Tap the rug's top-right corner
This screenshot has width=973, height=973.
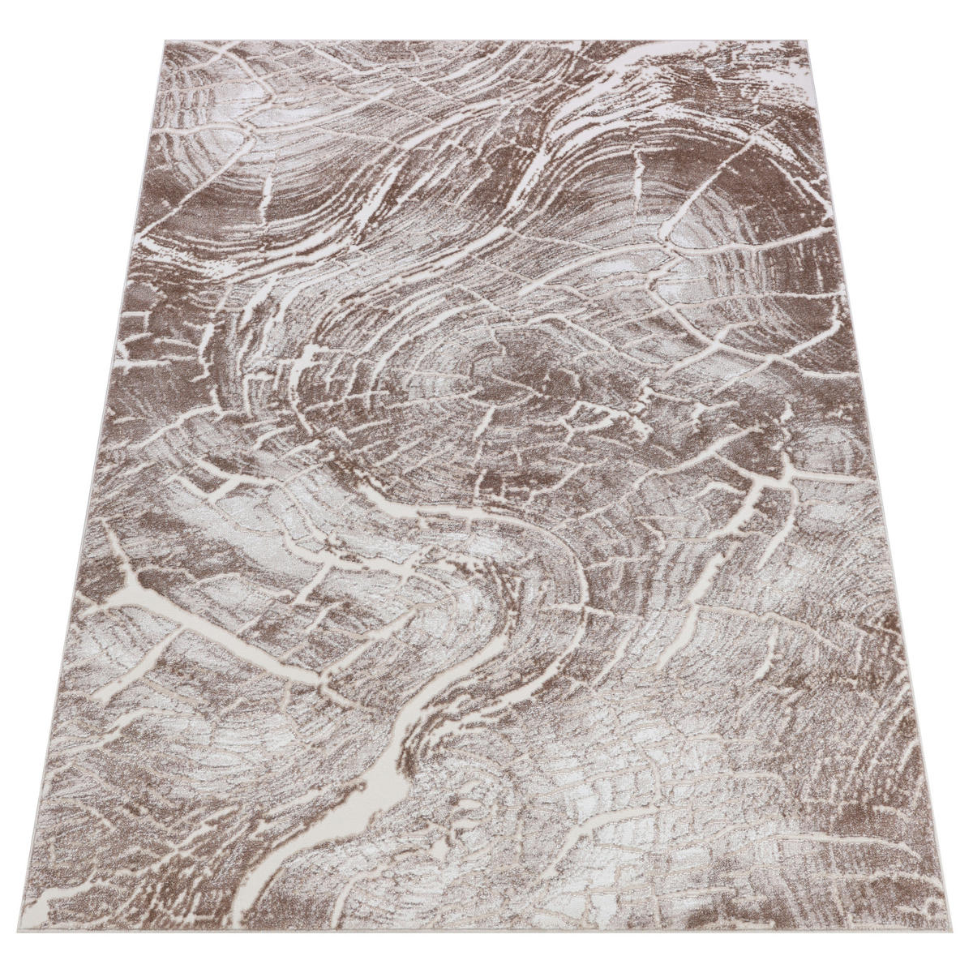pos(791,38)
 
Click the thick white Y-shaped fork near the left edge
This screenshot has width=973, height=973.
pos(130,577)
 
